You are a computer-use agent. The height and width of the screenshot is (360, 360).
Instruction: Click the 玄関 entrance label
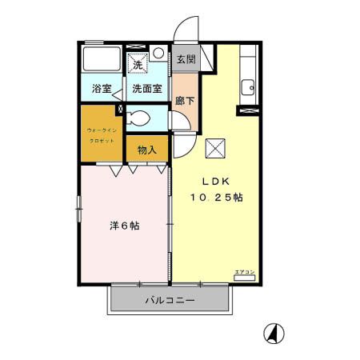tap(186, 59)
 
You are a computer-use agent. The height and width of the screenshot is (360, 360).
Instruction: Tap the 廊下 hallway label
tap(183, 102)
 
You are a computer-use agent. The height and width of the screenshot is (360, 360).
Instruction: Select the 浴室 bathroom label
tap(101, 89)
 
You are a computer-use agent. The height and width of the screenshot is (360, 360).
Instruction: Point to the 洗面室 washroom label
tap(146, 89)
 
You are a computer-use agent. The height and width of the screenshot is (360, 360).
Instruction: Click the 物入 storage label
tap(146, 149)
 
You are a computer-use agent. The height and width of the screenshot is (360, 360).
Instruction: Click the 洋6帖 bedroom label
tap(124, 226)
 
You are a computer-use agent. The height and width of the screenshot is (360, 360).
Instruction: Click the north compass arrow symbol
tap(274, 332)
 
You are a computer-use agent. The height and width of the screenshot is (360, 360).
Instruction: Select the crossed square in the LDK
tap(216, 148)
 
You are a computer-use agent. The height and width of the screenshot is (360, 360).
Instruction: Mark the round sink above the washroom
tap(158, 54)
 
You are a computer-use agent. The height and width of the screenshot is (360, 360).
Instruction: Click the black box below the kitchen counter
tap(247, 110)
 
